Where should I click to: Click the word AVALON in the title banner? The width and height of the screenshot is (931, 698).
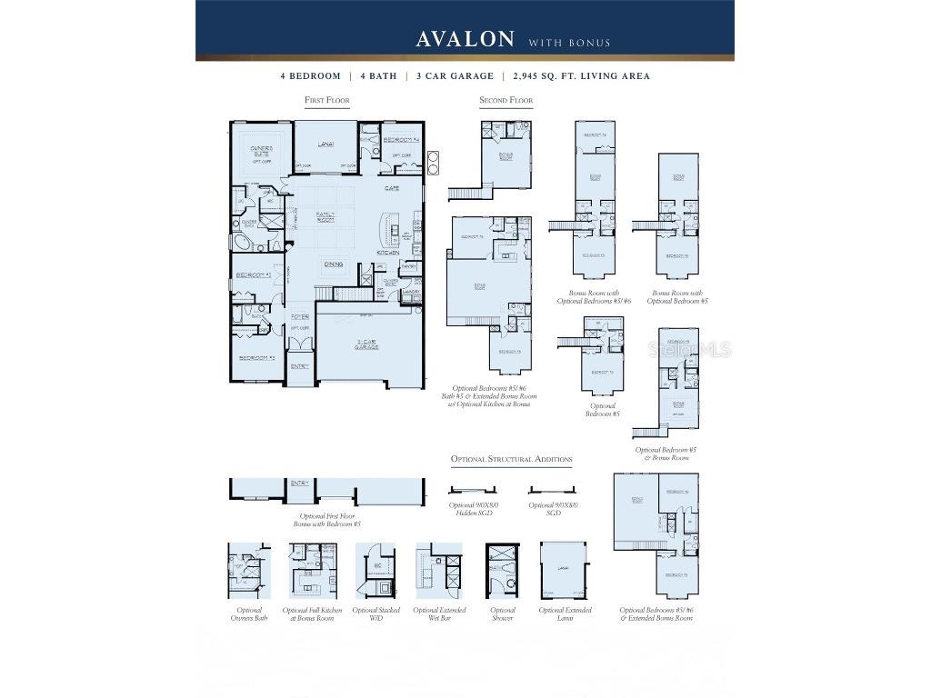(465, 39)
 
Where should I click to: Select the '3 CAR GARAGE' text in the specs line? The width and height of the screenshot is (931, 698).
(455, 76)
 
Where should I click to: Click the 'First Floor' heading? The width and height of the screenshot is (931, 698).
(327, 100)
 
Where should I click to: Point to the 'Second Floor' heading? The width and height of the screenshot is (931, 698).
(506, 100)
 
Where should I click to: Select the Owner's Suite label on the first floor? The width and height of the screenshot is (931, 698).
(261, 150)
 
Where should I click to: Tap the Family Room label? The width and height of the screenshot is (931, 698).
(325, 217)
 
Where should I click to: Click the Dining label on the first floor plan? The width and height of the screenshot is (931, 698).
(334, 264)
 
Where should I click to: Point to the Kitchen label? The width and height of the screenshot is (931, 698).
(390, 253)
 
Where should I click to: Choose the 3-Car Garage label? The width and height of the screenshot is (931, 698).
(366, 344)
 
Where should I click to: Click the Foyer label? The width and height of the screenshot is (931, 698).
(300, 316)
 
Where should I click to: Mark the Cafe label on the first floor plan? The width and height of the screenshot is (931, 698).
(392, 188)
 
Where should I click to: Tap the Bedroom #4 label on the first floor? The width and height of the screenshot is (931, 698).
(400, 140)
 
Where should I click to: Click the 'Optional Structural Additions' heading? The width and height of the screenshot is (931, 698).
(511, 459)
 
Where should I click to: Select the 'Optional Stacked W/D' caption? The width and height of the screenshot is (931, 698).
(376, 614)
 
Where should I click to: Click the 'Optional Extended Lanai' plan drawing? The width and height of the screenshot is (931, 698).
(564, 570)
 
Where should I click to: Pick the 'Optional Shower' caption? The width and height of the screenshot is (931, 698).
(503, 614)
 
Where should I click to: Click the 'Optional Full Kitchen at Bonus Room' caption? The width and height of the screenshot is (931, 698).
(313, 614)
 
